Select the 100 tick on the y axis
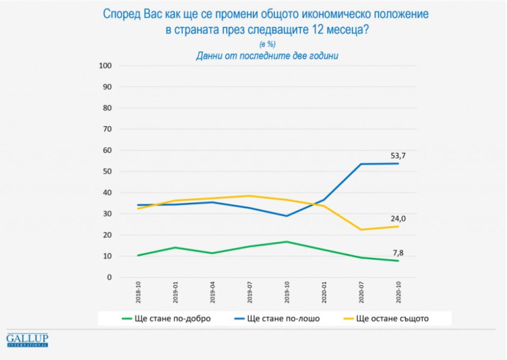click(105, 66)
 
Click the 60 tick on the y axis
click(107, 150)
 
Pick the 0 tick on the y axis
click(109, 277)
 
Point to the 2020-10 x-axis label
click(399, 293)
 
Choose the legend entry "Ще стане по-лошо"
click(277, 318)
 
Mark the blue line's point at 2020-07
click(360, 164)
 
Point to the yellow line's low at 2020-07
click(360, 230)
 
